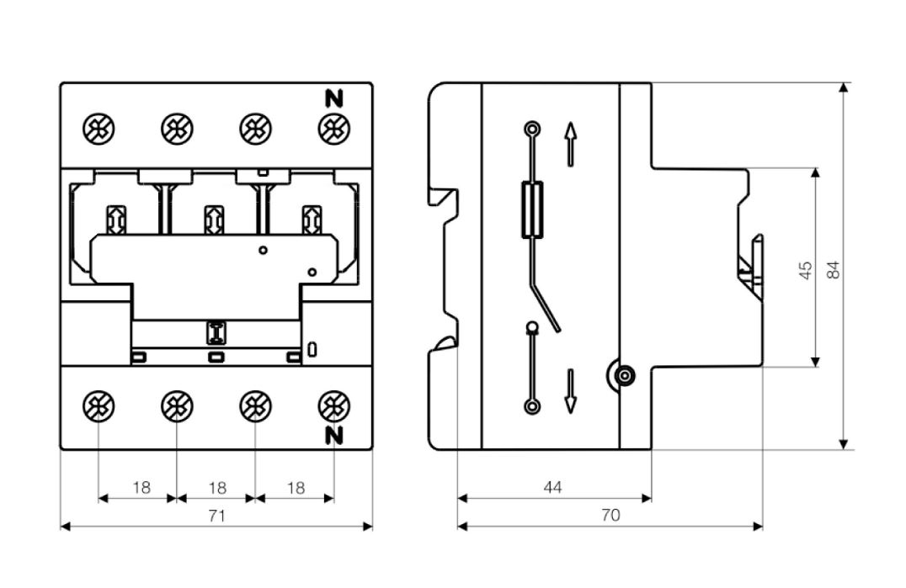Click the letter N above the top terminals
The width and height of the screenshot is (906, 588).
[x=334, y=98]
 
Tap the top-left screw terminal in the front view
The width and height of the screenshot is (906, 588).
[x=99, y=129]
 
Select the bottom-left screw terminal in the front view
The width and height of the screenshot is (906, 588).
[x=99, y=406]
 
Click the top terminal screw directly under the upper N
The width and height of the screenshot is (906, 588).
[x=334, y=129]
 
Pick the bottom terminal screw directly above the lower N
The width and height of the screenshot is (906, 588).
[x=334, y=406]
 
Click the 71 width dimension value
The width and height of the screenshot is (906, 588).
[x=216, y=516]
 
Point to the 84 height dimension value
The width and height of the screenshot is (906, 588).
[x=834, y=270]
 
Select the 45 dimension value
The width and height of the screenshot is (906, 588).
[x=806, y=270]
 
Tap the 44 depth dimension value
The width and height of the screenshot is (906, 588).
[x=553, y=488]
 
